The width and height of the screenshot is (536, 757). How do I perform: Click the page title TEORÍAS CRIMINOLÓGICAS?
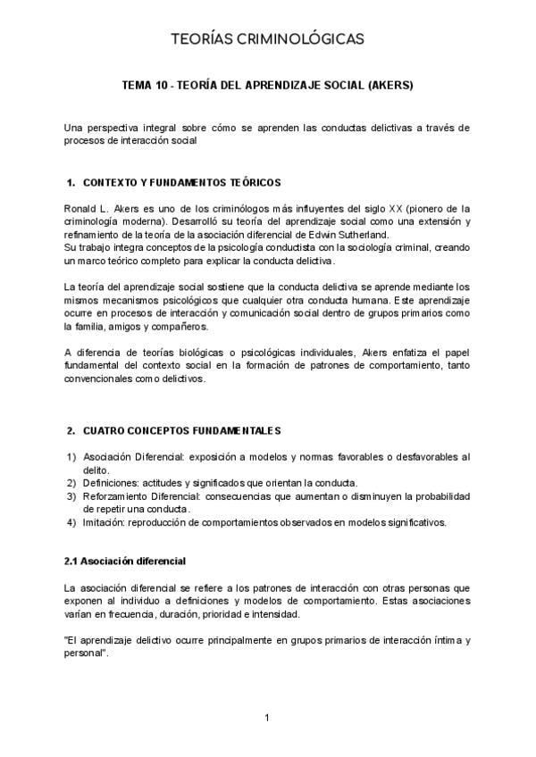267,39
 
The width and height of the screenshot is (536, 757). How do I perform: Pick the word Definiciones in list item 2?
105,483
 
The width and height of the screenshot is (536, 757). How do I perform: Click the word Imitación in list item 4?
100,522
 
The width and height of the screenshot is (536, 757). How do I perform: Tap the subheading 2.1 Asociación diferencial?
125,562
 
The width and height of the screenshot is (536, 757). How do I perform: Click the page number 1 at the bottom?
267,717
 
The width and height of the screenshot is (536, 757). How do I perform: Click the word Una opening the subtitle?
73,129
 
